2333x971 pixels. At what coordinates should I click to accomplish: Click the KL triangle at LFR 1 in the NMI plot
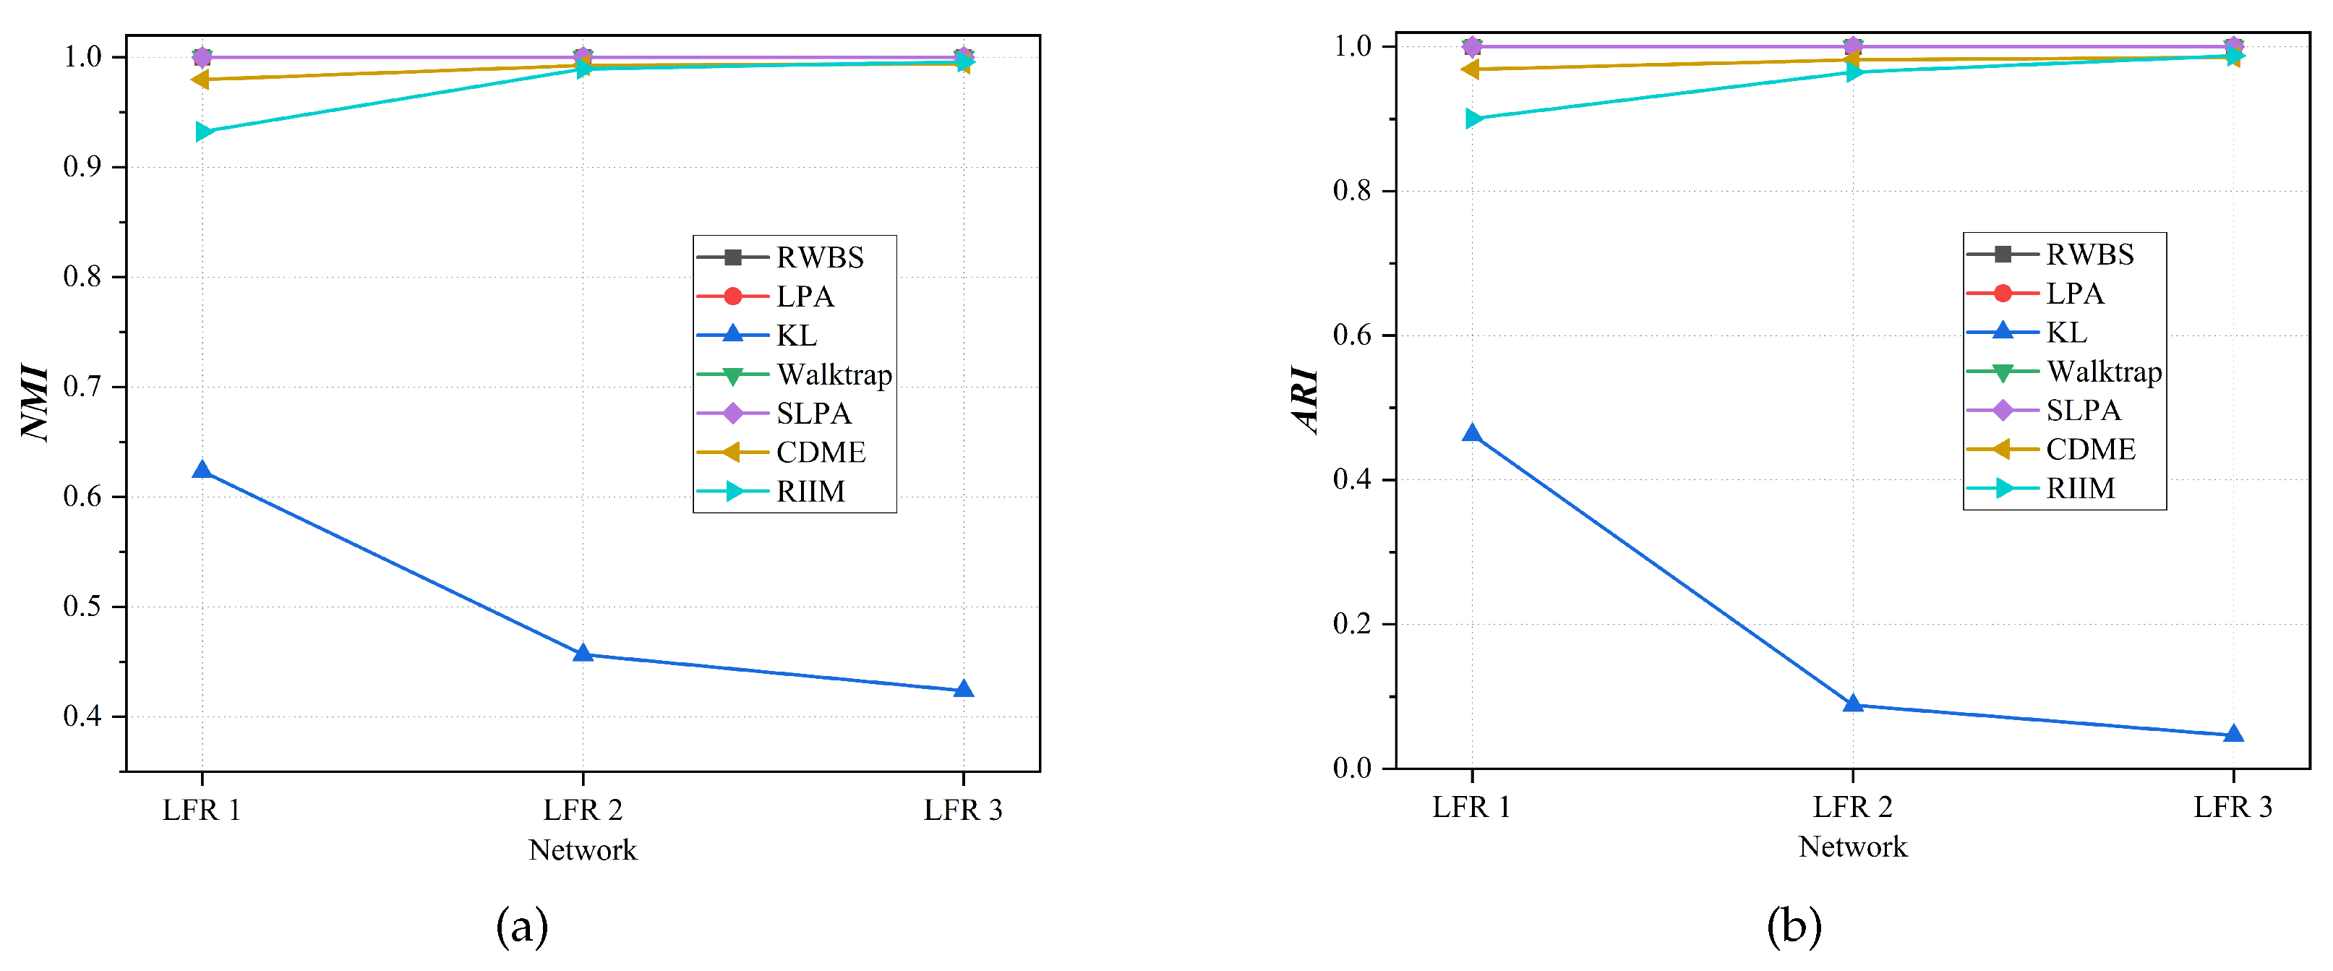202,470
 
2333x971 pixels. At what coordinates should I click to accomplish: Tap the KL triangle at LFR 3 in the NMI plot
964,689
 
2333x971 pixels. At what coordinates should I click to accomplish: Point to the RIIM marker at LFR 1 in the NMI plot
205,132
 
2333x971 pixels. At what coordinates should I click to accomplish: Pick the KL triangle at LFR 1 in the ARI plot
1472,434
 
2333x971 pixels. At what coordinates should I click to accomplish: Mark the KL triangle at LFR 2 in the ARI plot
1853,703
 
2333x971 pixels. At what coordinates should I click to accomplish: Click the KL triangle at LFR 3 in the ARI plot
2233,734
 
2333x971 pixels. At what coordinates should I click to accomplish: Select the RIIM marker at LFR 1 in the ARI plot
1474,119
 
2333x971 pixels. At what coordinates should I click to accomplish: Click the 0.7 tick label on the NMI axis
82,387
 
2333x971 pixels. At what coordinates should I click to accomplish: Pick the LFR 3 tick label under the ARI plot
2233,807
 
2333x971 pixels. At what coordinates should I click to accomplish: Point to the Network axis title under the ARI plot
1852,847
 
